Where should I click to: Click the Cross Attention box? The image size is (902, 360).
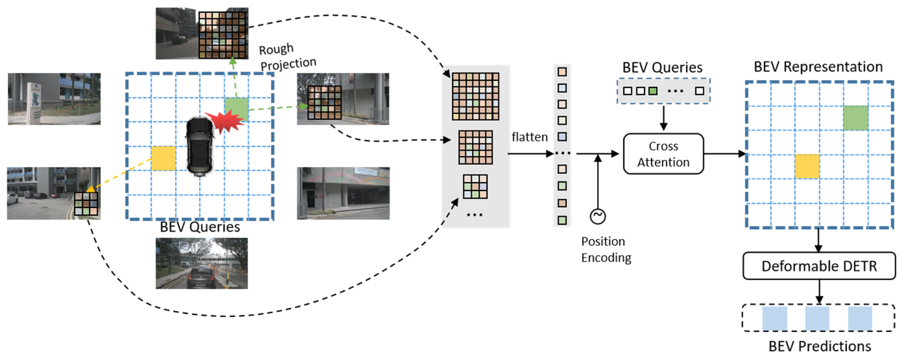tap(663, 154)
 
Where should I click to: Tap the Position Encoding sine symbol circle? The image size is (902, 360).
tap(597, 216)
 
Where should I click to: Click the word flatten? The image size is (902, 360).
tap(529, 137)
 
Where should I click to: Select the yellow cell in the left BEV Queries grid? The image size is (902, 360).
tap(163, 158)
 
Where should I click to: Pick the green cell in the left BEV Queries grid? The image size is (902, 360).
tap(236, 109)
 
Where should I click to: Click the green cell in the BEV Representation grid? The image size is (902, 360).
tap(855, 118)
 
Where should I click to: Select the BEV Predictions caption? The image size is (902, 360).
tap(819, 346)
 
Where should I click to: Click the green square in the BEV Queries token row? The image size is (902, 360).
tap(653, 91)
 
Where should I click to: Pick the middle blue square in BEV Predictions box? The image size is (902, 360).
tap(817, 318)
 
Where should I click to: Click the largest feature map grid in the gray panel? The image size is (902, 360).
tap(475, 96)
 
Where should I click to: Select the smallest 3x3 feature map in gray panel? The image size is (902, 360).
tap(475, 187)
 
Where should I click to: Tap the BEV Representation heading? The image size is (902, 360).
tap(818, 66)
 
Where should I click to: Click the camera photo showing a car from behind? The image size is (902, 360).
tap(202, 263)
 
